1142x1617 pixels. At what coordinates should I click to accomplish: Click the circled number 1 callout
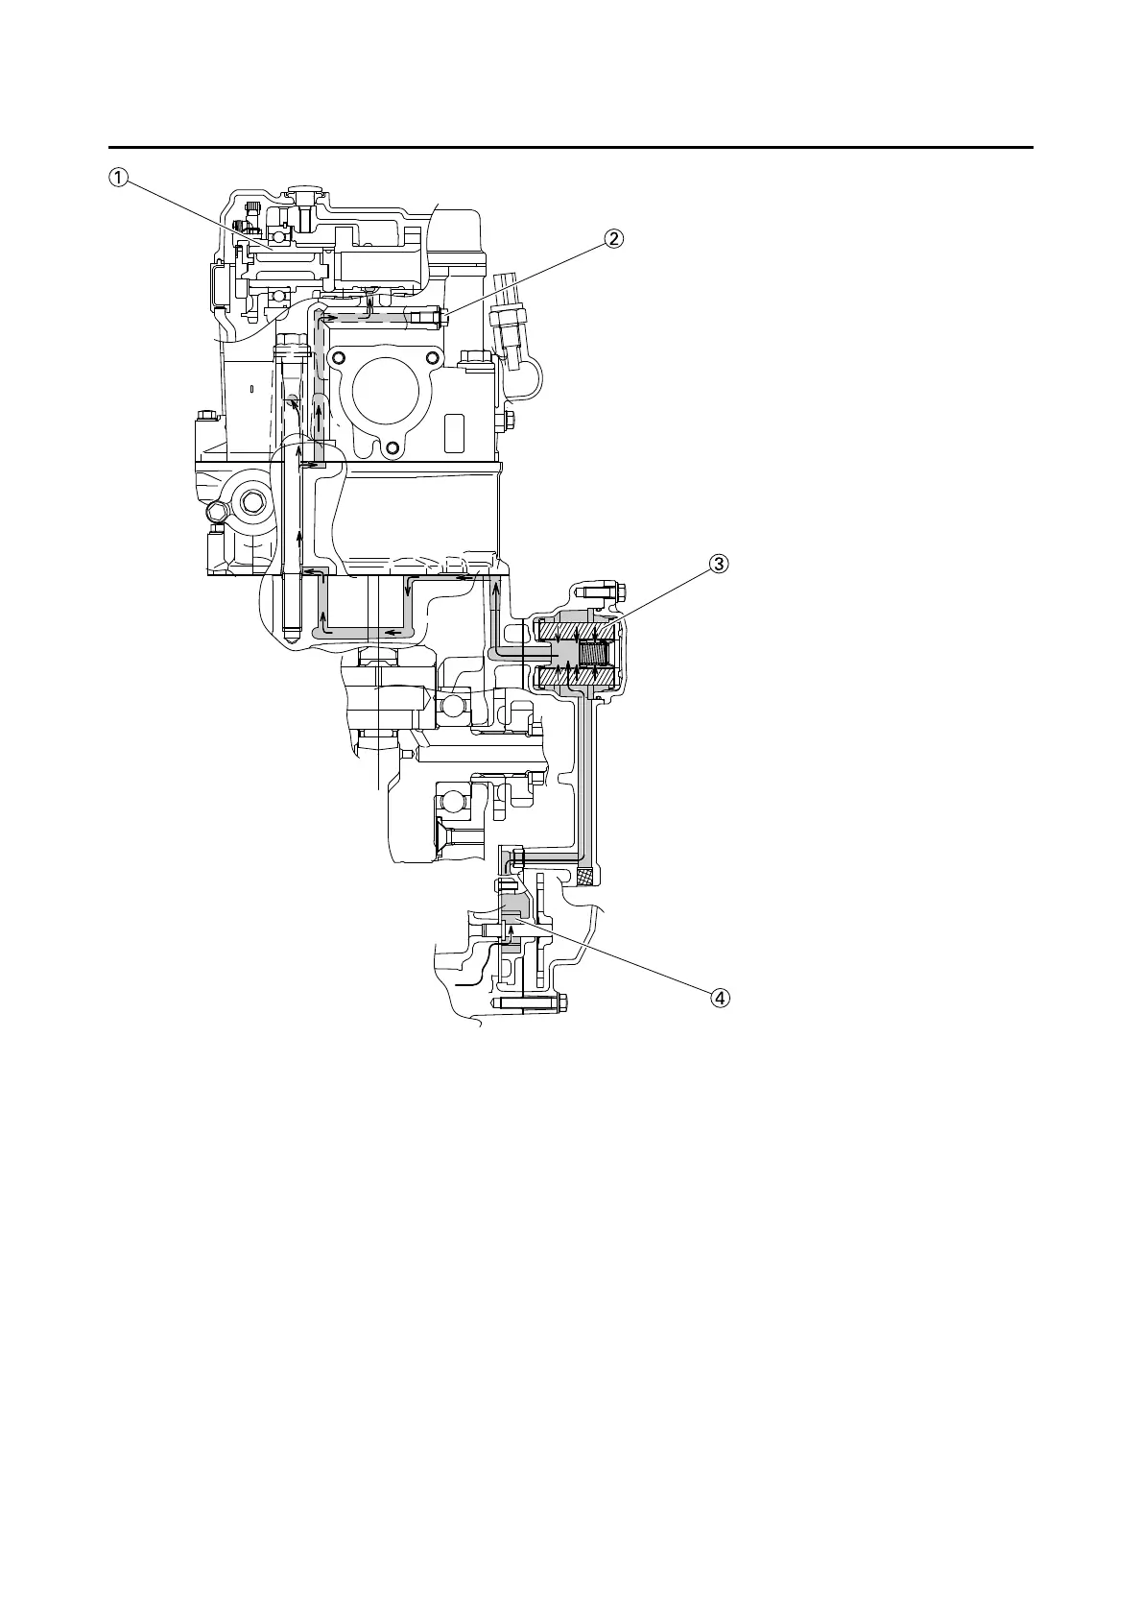118,177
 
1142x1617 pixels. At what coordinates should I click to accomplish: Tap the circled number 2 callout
614,238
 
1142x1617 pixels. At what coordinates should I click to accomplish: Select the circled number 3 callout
719,564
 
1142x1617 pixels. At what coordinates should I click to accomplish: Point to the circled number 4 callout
719,998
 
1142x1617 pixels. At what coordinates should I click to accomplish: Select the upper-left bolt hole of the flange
336,359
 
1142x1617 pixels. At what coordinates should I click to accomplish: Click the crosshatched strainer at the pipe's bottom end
584,876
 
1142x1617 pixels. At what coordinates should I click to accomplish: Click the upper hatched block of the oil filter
574,633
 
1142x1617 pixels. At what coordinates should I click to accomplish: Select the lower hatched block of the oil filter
574,679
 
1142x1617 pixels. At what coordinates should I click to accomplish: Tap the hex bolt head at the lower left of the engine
253,501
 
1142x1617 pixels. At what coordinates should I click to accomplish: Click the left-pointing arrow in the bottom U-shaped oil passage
391,633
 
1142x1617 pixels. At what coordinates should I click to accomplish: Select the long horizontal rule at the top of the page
571,148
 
